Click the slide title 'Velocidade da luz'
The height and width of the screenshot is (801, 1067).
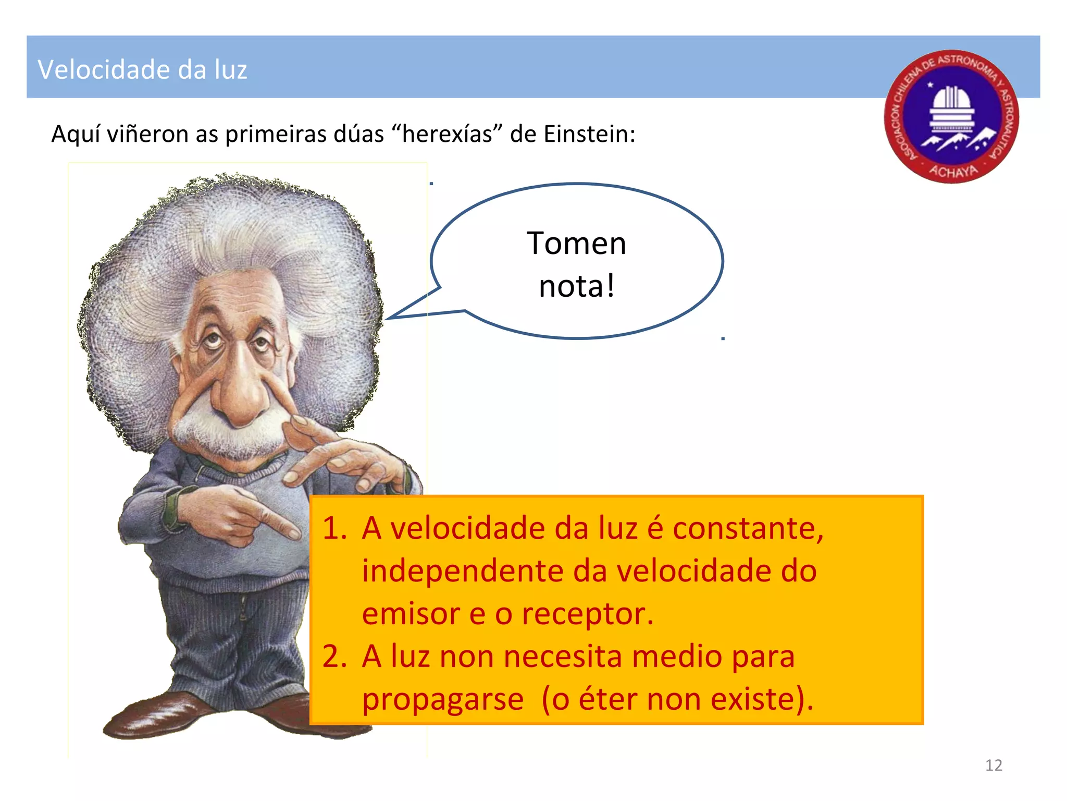pyautogui.click(x=142, y=69)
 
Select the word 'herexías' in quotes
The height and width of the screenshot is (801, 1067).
pyautogui.click(x=446, y=134)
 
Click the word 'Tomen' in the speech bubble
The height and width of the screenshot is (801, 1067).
pyautogui.click(x=576, y=244)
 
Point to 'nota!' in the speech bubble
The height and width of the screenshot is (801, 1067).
pyautogui.click(x=577, y=286)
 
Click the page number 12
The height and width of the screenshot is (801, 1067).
pyautogui.click(x=994, y=765)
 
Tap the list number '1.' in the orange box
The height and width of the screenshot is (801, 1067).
pyautogui.click(x=334, y=528)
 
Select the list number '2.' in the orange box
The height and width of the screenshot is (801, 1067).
pyautogui.click(x=334, y=656)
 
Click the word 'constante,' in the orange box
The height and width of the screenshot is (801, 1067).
pyautogui.click(x=748, y=528)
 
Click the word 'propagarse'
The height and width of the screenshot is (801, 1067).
pyautogui.click(x=443, y=700)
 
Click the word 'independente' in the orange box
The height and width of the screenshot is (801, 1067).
pyautogui.click(x=463, y=571)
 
